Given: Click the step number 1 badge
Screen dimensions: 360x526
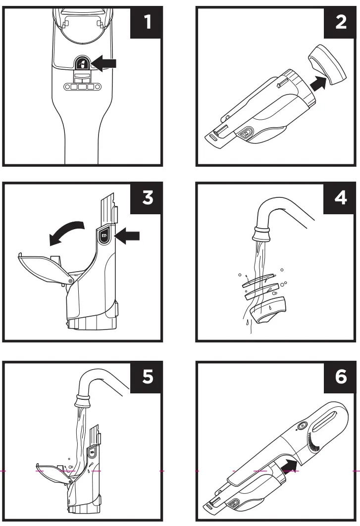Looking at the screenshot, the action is tap(147, 23).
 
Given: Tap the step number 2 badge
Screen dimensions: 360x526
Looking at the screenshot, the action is tap(340, 23).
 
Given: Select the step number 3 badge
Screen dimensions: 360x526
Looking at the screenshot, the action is tap(147, 198).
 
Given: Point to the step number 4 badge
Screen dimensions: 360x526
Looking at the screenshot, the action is tap(340, 198).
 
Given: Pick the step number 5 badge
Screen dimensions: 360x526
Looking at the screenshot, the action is tap(147, 377).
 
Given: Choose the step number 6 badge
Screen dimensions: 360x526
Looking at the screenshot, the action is tap(340, 377).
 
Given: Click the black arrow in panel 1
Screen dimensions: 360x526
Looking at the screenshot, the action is tap(104, 63).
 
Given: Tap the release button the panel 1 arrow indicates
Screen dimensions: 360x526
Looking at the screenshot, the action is tap(81, 62).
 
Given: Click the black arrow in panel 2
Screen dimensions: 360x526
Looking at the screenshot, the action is tap(318, 83).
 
